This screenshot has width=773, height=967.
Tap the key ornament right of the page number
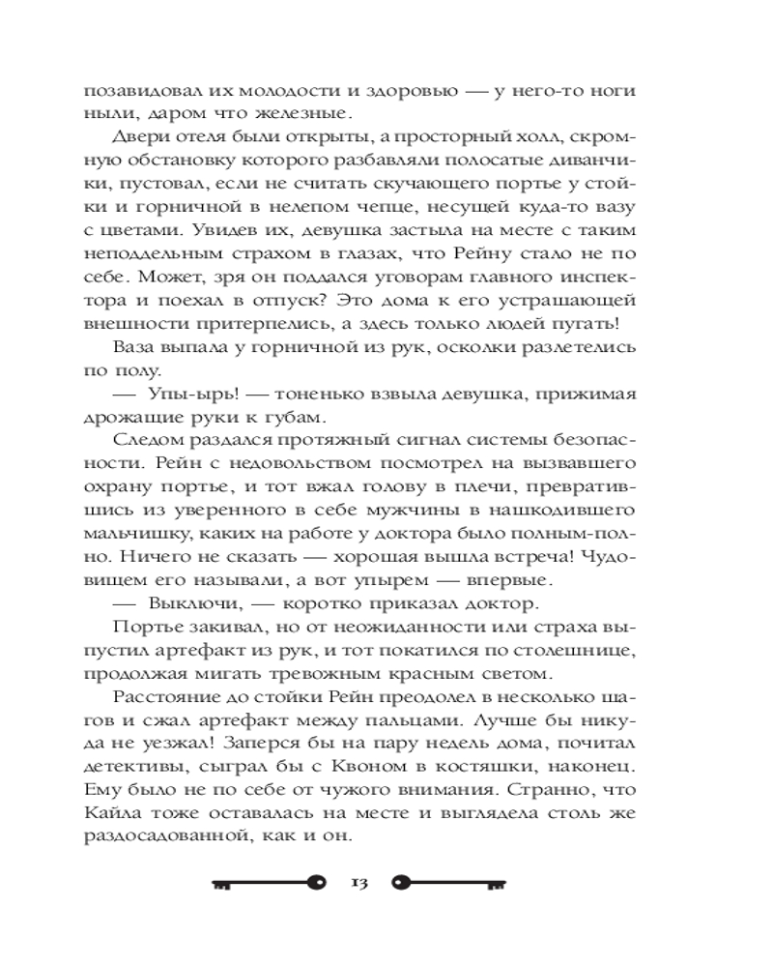pyautogui.click(x=450, y=882)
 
